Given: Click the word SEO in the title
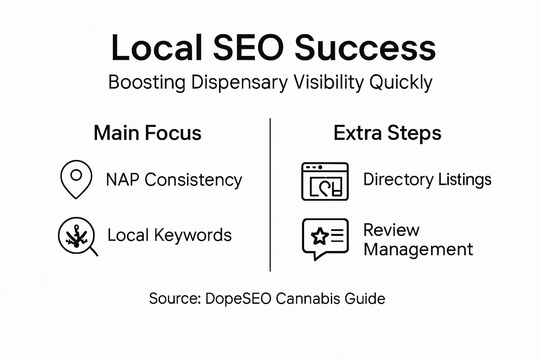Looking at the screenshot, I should [248, 48].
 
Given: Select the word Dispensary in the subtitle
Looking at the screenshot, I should [239, 83].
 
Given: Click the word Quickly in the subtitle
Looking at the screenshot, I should [401, 83].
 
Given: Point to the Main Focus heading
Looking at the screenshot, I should [147, 133].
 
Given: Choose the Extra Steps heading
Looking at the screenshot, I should [387, 133].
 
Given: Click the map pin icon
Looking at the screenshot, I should [76, 179].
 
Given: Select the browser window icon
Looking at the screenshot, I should [325, 181].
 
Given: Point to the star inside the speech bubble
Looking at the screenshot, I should [319, 236].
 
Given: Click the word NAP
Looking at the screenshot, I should [122, 180].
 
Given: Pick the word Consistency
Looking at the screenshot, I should [193, 180].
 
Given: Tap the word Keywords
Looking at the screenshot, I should [193, 235].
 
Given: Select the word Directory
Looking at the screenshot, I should [398, 180].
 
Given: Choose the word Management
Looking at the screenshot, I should [418, 250].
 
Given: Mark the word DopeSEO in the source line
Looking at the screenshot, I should [238, 298].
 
